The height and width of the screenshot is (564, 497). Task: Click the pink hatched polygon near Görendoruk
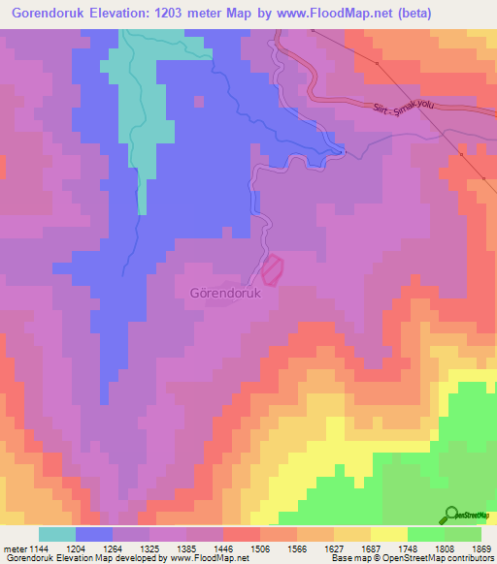point(274,268)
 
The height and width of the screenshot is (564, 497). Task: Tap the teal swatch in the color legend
point(57,534)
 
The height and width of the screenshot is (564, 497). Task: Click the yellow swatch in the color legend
point(389,534)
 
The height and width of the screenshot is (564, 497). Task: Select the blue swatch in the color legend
point(94,534)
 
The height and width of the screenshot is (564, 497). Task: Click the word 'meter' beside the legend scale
point(14,548)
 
